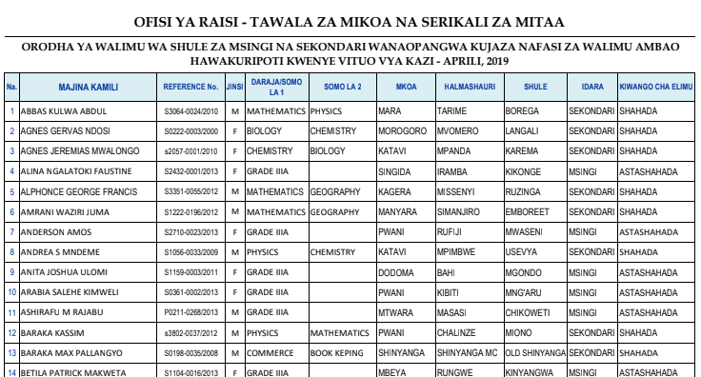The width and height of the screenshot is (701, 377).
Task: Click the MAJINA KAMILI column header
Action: click(88, 88)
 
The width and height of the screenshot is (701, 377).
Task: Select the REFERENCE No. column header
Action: click(190, 88)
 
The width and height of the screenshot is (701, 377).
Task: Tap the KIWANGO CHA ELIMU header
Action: click(656, 88)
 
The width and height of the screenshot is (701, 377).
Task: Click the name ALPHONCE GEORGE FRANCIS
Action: click(68, 191)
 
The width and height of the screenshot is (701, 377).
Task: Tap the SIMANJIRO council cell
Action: click(459, 211)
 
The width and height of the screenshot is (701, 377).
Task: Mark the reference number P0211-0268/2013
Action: click(190, 311)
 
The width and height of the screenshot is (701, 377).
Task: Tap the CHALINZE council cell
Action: click(456, 331)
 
